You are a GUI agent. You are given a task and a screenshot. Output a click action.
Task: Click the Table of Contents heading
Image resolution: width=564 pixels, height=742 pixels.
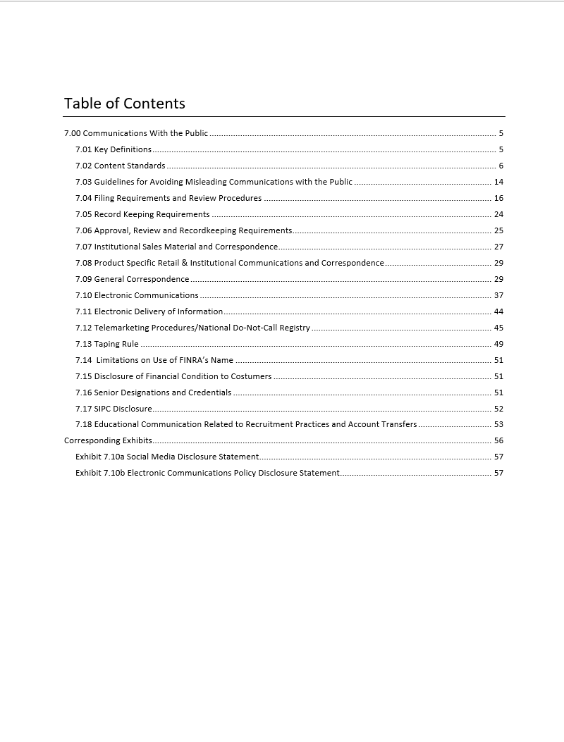click(x=125, y=104)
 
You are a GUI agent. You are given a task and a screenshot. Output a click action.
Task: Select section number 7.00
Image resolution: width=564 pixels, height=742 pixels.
click(x=73, y=133)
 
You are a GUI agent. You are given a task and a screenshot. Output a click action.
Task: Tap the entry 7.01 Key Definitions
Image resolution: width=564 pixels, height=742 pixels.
click(x=114, y=149)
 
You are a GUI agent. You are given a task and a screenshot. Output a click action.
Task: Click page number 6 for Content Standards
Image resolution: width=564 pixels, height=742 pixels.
click(x=501, y=166)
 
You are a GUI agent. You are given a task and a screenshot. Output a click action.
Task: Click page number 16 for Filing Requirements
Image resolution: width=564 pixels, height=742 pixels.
click(x=498, y=198)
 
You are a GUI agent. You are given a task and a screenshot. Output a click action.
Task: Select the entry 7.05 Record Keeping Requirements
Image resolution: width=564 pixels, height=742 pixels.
click(x=142, y=214)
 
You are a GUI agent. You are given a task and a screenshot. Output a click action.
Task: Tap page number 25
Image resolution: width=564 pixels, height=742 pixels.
click(x=498, y=230)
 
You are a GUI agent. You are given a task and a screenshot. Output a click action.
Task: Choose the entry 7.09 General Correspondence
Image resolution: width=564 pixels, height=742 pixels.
click(x=132, y=279)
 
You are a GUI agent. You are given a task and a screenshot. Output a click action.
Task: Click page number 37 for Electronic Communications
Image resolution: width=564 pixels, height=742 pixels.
click(x=498, y=295)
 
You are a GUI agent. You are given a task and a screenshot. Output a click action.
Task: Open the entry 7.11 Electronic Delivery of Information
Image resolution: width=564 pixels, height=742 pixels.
click(x=149, y=311)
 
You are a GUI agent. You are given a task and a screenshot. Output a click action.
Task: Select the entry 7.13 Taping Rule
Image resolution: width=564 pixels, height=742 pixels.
click(x=107, y=344)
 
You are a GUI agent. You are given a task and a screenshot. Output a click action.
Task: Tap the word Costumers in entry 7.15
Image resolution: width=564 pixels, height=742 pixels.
click(x=250, y=376)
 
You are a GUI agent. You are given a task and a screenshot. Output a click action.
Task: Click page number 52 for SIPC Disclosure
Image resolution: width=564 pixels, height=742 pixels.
click(x=498, y=409)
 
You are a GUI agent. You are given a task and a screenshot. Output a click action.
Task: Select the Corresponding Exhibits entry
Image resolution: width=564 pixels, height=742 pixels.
click(x=108, y=441)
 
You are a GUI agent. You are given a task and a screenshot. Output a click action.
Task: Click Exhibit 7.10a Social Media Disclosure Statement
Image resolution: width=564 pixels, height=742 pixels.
click(x=167, y=457)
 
